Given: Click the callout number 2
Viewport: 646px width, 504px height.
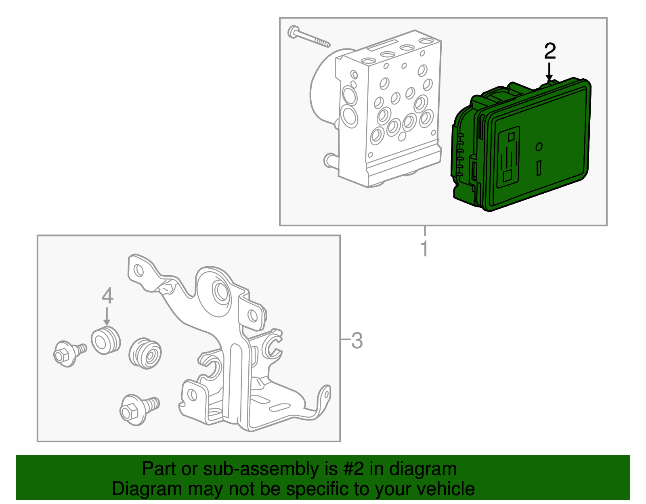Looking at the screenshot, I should pyautogui.click(x=550, y=52).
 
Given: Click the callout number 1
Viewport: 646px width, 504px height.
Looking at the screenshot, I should pyautogui.click(x=424, y=249).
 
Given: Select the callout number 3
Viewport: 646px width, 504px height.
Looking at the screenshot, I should pyautogui.click(x=357, y=341).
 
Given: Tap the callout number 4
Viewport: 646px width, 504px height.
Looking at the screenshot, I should pyautogui.click(x=107, y=296).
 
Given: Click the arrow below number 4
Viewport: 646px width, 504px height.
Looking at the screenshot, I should pyautogui.click(x=107, y=316).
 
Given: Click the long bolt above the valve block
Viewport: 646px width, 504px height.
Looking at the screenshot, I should pyautogui.click(x=309, y=37).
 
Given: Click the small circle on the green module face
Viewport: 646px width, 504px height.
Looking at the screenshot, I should pyautogui.click(x=539, y=147).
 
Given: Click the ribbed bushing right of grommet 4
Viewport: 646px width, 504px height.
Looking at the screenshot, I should pyautogui.click(x=145, y=353).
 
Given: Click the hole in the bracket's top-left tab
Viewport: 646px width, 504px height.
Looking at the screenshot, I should pyautogui.click(x=138, y=270).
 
